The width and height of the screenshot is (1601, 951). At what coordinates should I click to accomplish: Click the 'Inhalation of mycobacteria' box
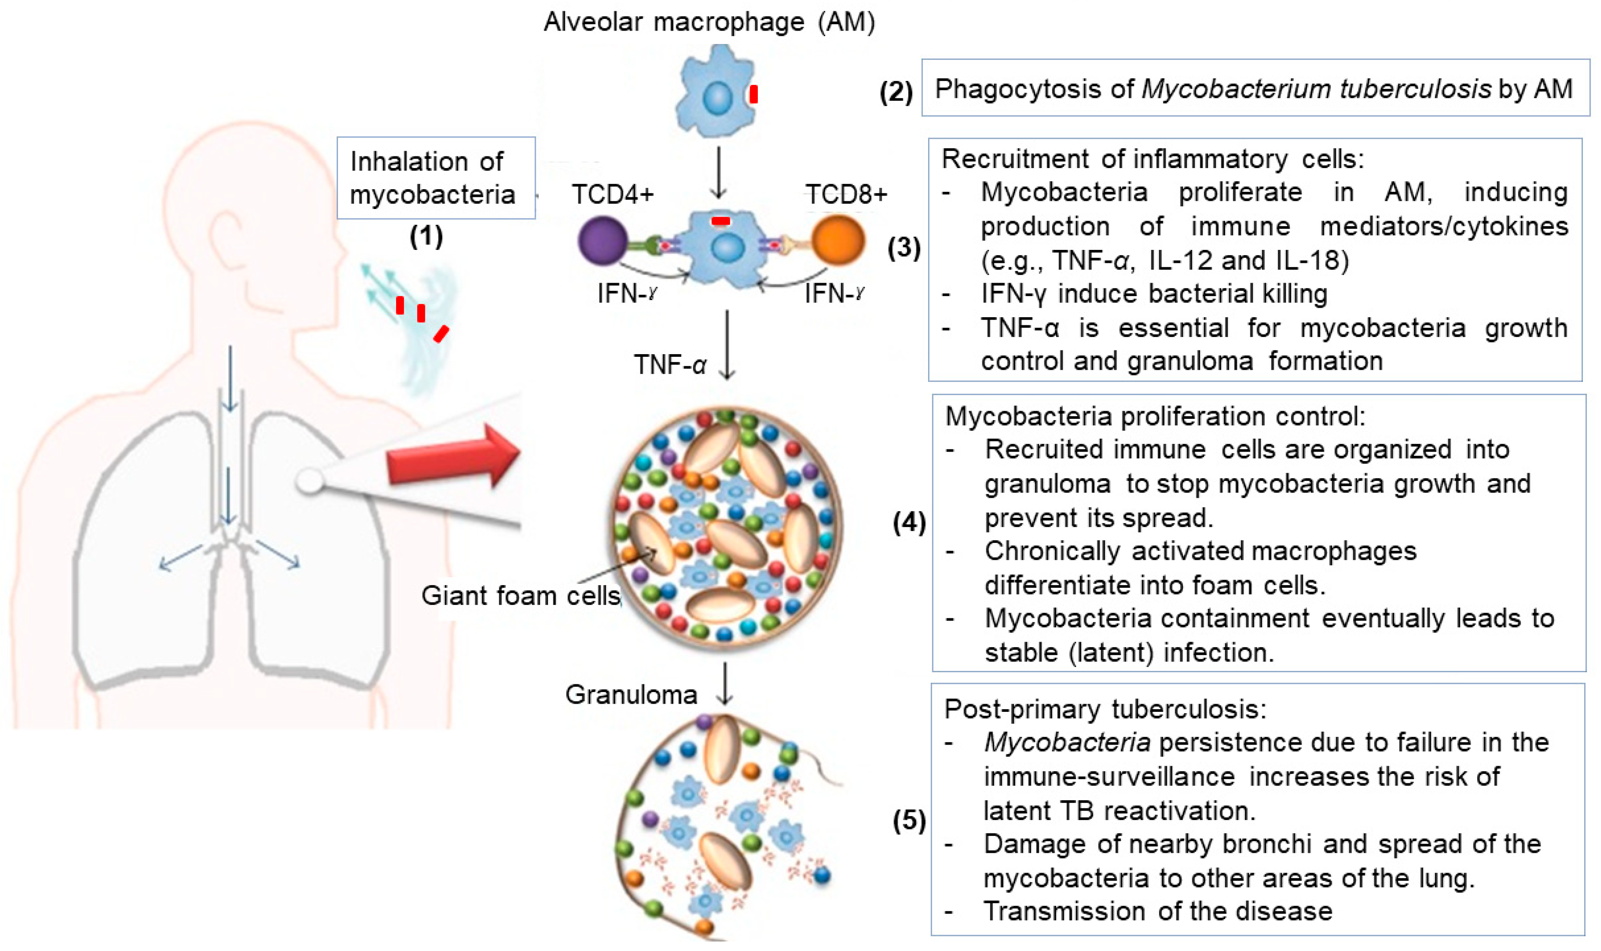click(x=436, y=178)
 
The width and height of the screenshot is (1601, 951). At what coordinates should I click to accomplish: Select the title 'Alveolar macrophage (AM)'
click(x=709, y=22)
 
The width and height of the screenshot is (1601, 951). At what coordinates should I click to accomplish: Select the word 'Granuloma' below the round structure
click(x=631, y=695)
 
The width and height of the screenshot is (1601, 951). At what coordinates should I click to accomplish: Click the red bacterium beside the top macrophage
click(x=754, y=94)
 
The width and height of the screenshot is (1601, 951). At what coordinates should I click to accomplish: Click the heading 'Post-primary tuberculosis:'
click(x=1105, y=709)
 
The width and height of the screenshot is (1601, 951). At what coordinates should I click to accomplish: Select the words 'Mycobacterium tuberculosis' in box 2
click(x=1316, y=89)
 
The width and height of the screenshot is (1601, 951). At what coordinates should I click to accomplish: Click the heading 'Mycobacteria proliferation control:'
click(x=1155, y=417)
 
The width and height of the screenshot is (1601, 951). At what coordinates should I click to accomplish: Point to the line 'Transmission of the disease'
click(x=1157, y=911)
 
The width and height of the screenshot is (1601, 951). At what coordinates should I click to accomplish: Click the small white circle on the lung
click(x=310, y=480)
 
